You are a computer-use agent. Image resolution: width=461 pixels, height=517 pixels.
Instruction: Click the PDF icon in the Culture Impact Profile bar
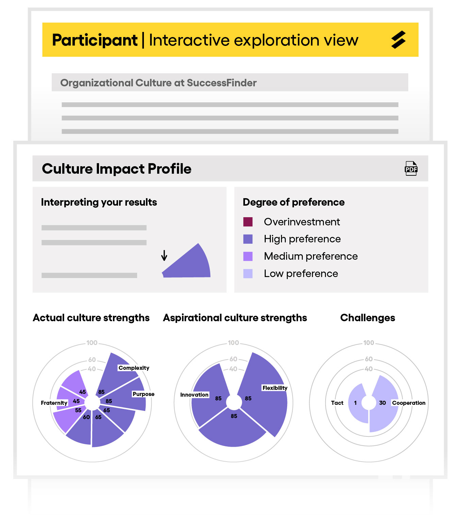411,168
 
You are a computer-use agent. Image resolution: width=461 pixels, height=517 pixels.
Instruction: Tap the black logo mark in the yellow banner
398,39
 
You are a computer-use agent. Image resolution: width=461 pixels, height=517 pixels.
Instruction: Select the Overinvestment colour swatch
248,222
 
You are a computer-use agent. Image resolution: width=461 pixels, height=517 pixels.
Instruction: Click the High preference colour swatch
248,239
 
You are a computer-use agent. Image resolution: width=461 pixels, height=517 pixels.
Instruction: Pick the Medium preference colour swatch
248,256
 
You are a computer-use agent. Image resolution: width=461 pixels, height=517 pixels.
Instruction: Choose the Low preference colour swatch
248,274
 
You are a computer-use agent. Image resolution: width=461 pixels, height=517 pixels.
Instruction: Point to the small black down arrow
164,255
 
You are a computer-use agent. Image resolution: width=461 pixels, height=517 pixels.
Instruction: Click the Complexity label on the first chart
134,368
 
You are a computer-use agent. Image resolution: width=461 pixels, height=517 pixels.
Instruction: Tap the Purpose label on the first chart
143,394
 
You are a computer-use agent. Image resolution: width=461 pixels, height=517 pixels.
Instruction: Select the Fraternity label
54,403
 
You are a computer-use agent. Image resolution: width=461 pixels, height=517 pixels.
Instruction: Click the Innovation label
194,395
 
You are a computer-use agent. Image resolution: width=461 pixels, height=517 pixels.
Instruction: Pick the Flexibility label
275,388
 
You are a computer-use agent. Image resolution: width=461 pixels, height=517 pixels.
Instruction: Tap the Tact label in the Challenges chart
337,403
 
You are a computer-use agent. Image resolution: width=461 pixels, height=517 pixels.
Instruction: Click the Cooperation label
409,403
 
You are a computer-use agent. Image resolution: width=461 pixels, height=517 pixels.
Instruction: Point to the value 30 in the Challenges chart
382,403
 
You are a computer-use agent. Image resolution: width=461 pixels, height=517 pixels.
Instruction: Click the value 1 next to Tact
355,403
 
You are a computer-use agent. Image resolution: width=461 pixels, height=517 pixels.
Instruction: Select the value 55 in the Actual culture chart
78,410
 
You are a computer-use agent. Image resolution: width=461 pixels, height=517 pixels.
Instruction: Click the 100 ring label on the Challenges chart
368,342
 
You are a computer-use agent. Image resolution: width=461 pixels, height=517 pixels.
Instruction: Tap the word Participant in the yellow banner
95,40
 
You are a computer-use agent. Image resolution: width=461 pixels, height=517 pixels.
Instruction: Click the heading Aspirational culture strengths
235,318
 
